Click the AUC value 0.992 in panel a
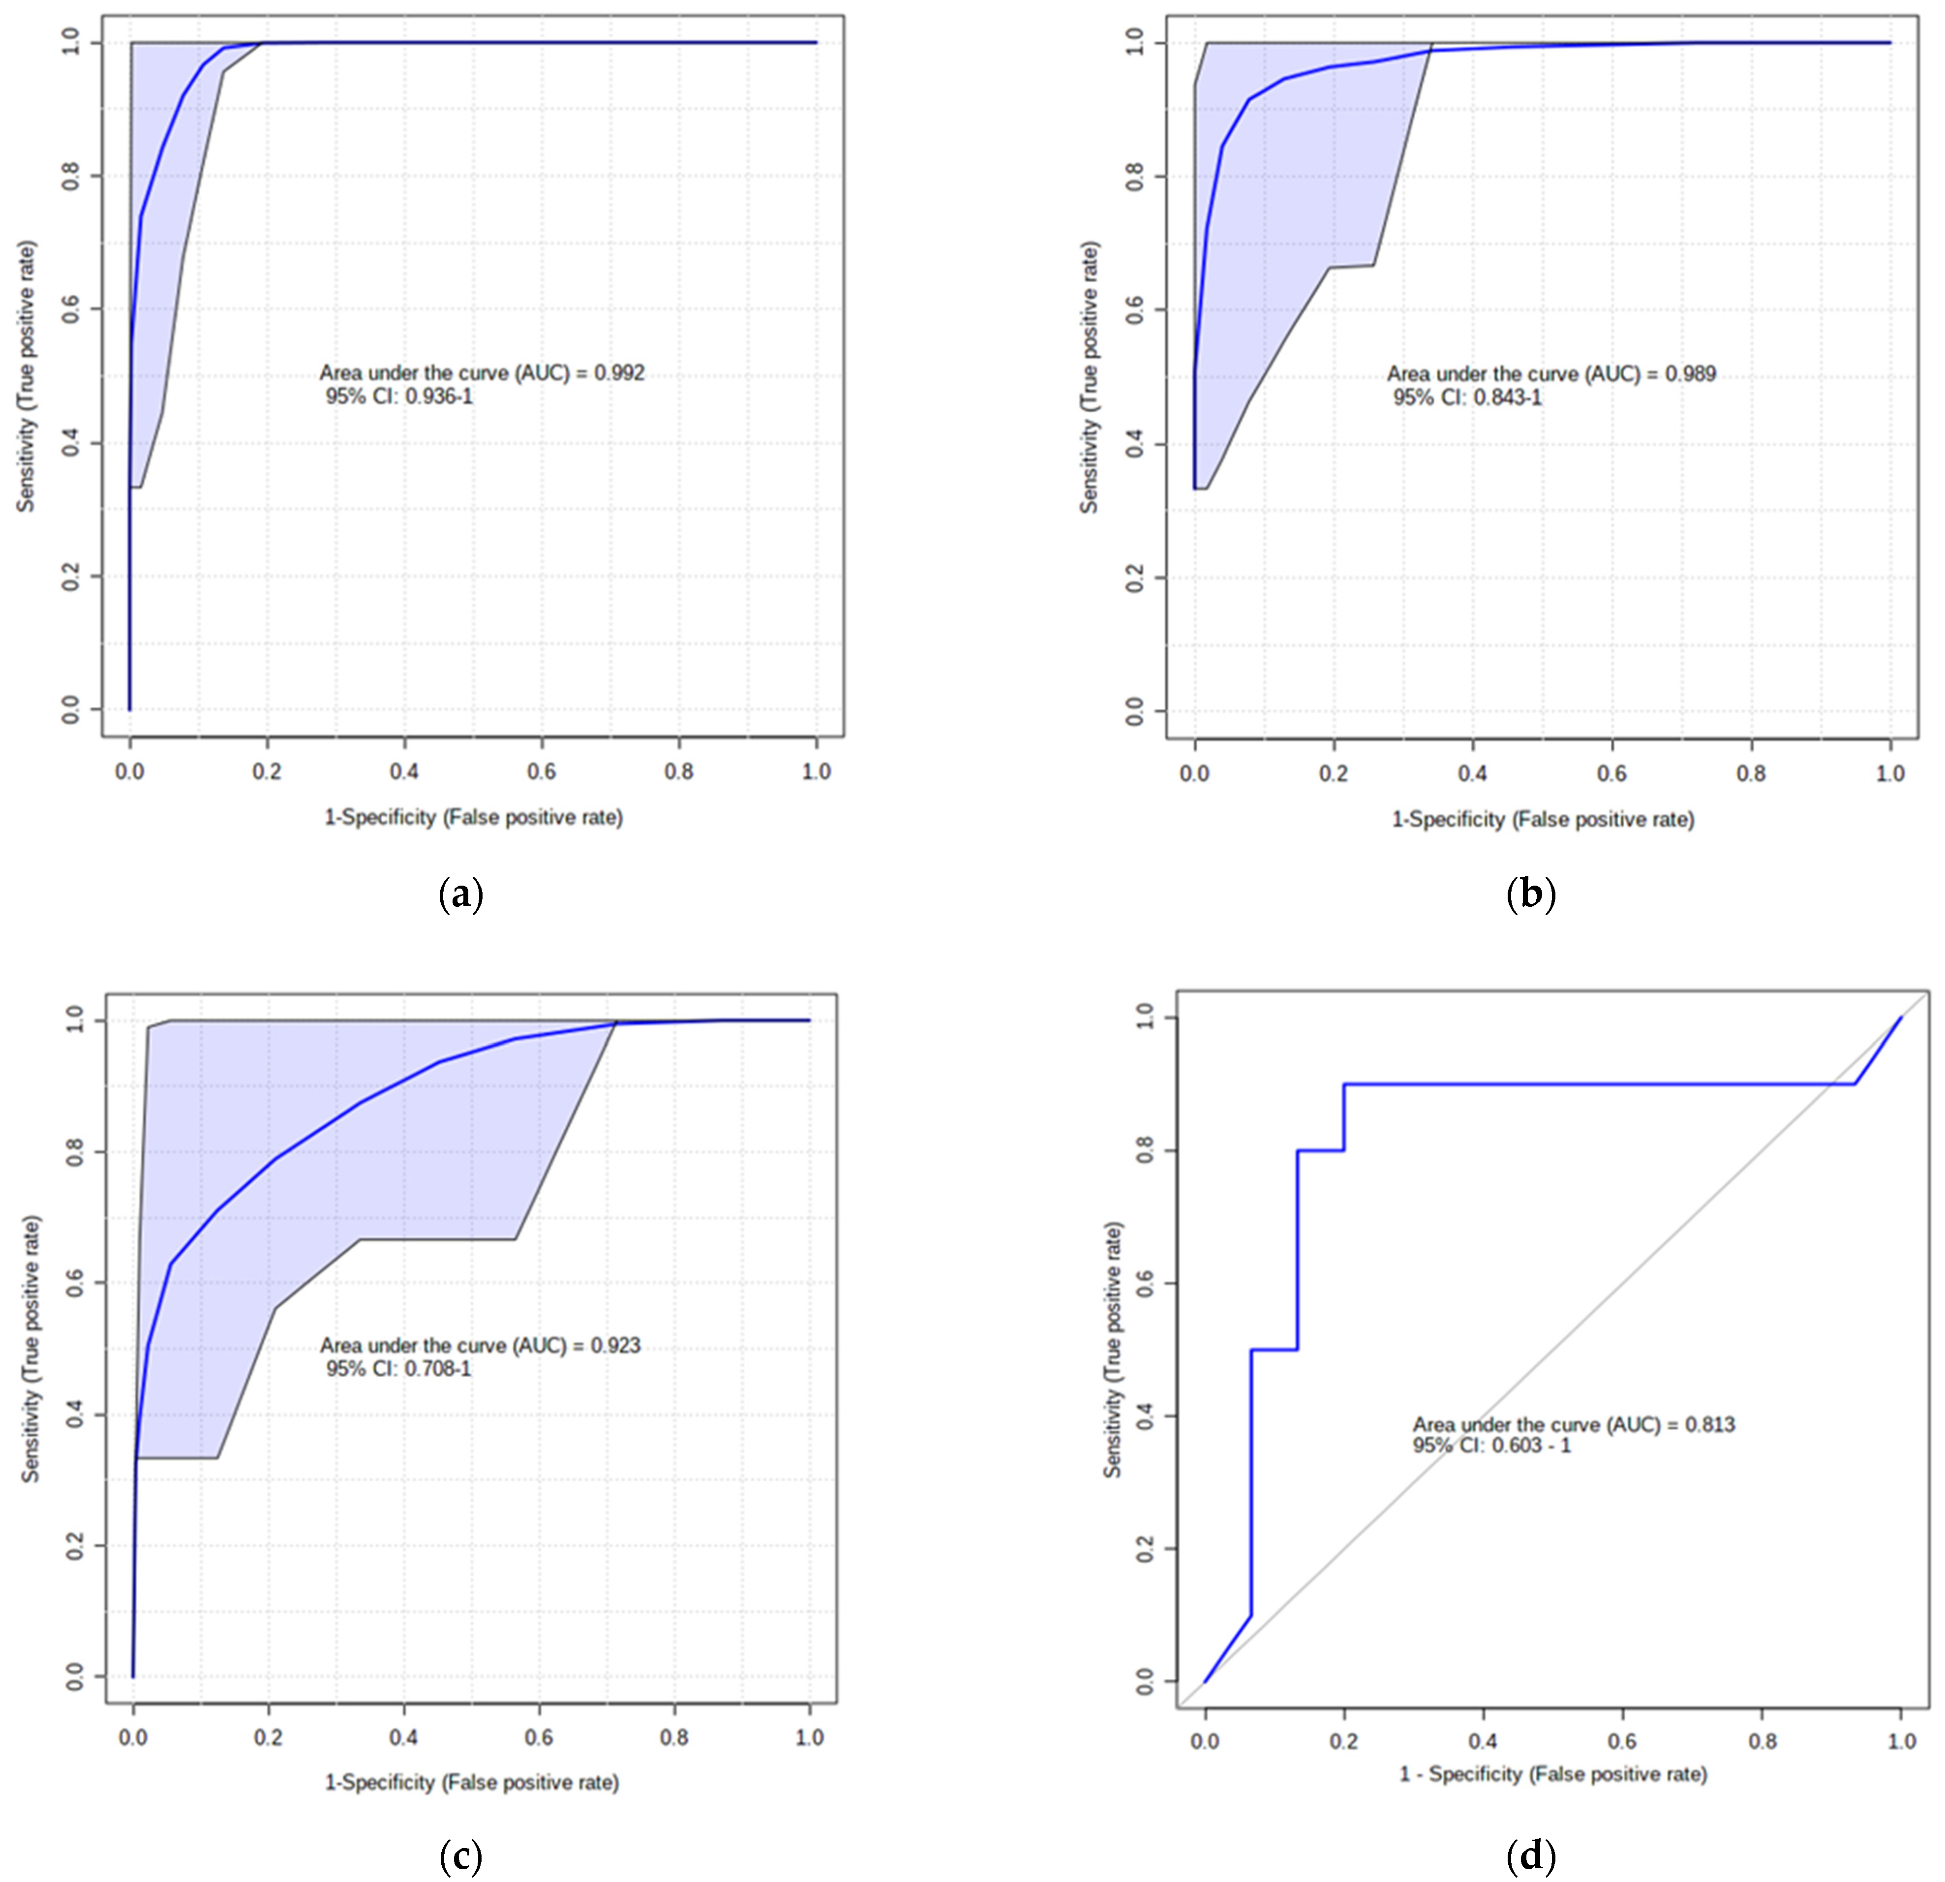coord(619,373)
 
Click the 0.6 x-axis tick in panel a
coord(542,771)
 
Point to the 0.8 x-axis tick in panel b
coord(1751,773)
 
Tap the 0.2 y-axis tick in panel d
coord(1144,1548)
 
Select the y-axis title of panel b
coord(1090,377)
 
